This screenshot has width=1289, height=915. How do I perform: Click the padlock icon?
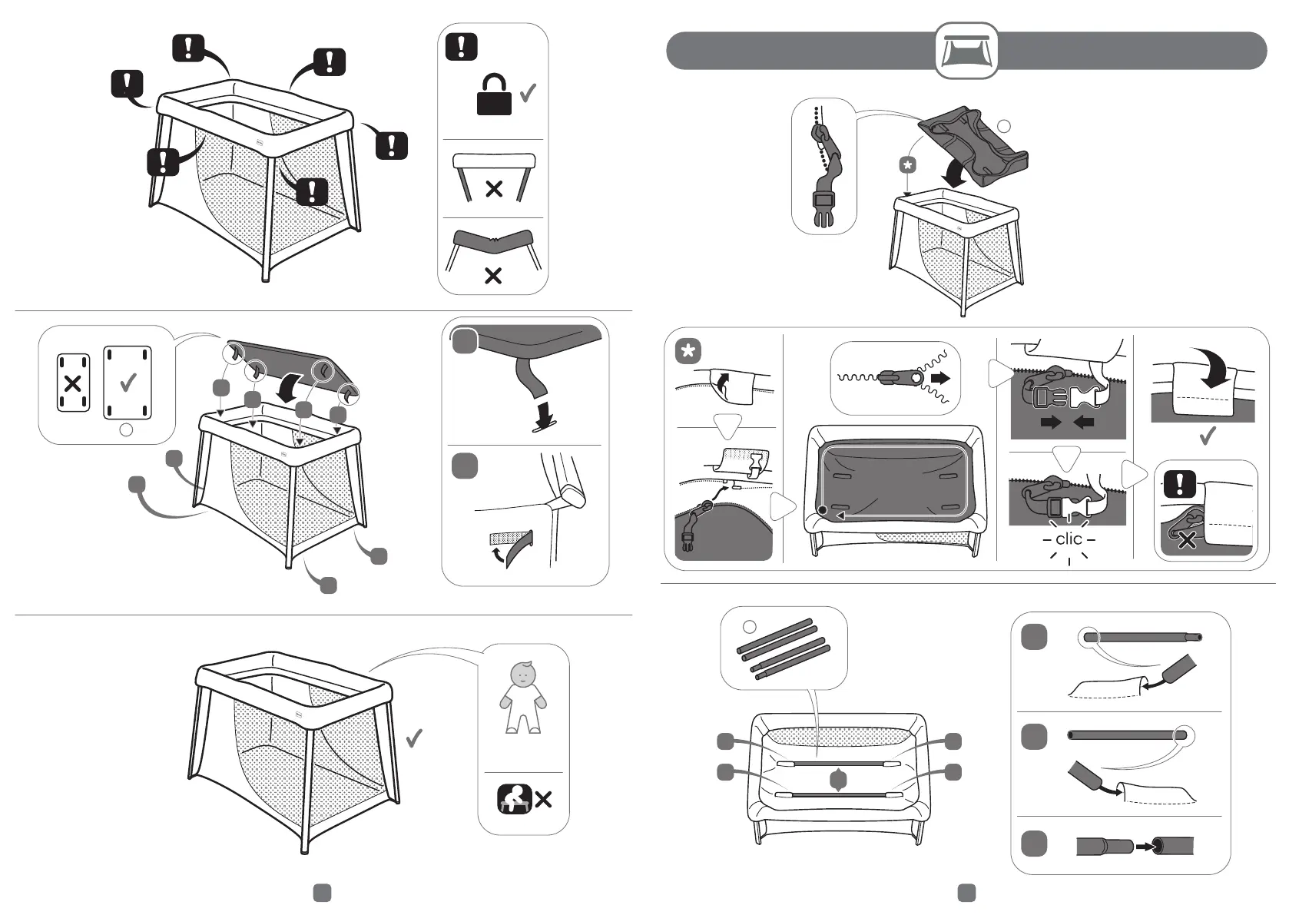point(494,94)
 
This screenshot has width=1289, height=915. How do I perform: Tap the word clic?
point(1069,539)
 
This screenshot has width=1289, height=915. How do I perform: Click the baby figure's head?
point(522,673)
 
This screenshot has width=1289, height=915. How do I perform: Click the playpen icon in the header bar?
point(966,51)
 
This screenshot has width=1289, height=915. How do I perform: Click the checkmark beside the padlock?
point(528,93)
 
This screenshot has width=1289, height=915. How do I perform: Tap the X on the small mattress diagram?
point(73,383)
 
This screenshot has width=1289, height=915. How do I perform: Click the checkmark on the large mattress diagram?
point(128,382)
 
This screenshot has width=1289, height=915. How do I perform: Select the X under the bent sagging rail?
point(493,277)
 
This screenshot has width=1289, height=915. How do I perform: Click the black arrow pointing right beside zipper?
point(941,378)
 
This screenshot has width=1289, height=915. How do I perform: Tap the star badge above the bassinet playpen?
point(907,165)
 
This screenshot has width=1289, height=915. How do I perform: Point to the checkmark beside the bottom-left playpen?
point(414,738)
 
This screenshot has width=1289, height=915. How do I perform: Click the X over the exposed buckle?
point(1187,540)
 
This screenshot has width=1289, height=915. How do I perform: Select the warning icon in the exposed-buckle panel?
point(1180,484)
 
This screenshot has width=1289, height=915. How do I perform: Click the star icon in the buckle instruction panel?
point(688,352)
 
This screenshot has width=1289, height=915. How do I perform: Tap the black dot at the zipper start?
point(823,510)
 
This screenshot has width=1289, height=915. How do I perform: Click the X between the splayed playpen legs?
point(494,189)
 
